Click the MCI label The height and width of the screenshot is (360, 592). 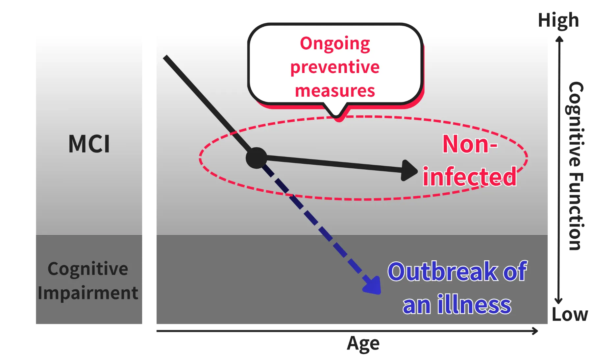89,144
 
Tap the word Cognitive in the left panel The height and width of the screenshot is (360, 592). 88,269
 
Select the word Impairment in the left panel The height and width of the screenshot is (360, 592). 88,293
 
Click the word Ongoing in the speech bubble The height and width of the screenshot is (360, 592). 335,44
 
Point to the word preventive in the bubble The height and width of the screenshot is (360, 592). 335,67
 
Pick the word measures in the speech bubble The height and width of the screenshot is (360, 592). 335,91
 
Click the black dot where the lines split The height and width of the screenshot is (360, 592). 257,158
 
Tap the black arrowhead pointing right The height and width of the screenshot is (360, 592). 409,170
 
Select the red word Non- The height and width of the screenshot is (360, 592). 470,144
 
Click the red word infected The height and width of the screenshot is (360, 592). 470,177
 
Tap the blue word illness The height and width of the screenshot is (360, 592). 474,305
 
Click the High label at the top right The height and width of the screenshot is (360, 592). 557,20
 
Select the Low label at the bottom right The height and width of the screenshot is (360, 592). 571,315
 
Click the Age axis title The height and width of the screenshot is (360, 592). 364,344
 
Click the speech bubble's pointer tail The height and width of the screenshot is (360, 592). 336,111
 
